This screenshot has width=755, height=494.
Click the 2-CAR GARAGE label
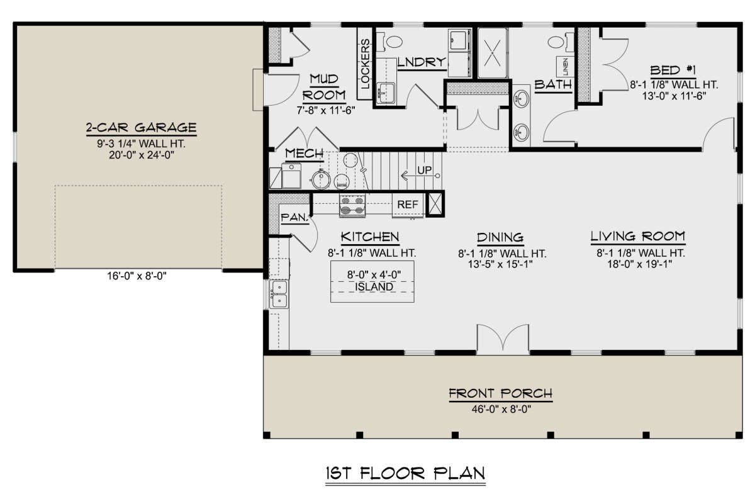coord(141,128)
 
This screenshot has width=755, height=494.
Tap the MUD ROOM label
coord(324,87)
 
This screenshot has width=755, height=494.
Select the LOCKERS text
coord(365,64)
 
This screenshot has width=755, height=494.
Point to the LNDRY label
coord(422,62)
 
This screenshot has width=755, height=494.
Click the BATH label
coord(554,84)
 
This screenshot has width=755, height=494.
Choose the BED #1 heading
coord(673,70)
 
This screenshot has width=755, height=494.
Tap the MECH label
coord(305,154)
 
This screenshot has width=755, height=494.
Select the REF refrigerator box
coord(408,205)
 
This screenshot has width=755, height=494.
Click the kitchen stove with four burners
coord(352,205)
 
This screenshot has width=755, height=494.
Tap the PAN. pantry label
coord(295,218)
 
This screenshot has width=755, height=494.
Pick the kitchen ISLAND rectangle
coord(372,281)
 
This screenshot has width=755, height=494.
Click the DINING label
coord(500,237)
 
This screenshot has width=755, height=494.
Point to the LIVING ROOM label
coord(638,237)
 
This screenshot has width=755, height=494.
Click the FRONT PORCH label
coord(501,393)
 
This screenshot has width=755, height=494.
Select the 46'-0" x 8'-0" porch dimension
coord(501,410)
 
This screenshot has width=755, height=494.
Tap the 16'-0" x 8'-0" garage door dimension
coord(137,276)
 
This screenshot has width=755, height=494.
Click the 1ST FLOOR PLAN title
coord(405,473)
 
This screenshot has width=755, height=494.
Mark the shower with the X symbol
coord(493,53)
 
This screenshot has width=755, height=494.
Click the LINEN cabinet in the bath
coord(565,67)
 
